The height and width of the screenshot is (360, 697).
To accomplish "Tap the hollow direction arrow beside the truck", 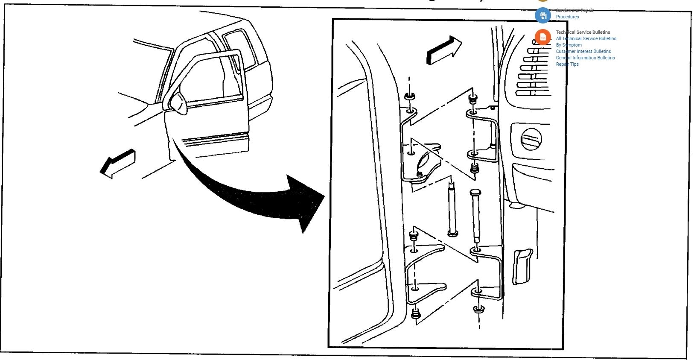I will (x=118, y=163).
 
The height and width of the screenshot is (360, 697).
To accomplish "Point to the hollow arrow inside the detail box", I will (x=444, y=50).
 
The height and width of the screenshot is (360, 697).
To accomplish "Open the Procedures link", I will (x=567, y=17).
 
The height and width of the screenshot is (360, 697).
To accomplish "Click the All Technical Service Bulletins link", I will (x=586, y=38).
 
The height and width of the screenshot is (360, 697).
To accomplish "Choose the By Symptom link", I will (x=569, y=45).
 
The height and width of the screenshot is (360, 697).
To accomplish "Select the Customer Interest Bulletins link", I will (x=583, y=51).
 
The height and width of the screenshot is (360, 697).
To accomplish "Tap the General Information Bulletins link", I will (x=585, y=58).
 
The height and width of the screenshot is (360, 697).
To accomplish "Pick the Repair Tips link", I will (x=567, y=64).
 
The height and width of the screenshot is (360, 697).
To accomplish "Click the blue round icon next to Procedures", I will (x=543, y=16).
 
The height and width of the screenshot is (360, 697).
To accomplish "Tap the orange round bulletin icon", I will (x=543, y=38).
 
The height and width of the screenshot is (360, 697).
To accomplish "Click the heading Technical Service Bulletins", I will (x=583, y=32).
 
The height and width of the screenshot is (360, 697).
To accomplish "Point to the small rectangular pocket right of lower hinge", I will (x=522, y=267).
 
